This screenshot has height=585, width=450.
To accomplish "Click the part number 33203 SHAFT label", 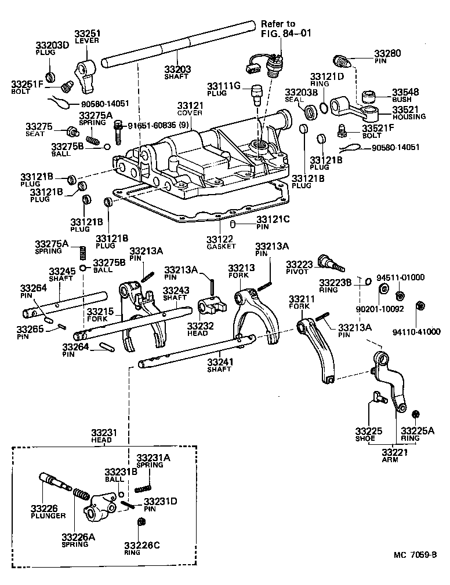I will tap(177, 72).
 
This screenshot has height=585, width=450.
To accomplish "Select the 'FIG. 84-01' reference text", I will tap(286, 33).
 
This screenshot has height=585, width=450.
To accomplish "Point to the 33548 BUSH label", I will tap(408, 96).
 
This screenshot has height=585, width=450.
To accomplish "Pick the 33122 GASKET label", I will tap(221, 242).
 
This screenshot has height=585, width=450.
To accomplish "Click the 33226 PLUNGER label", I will tap(48, 511).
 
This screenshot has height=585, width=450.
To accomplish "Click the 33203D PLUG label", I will tap(52, 48).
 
